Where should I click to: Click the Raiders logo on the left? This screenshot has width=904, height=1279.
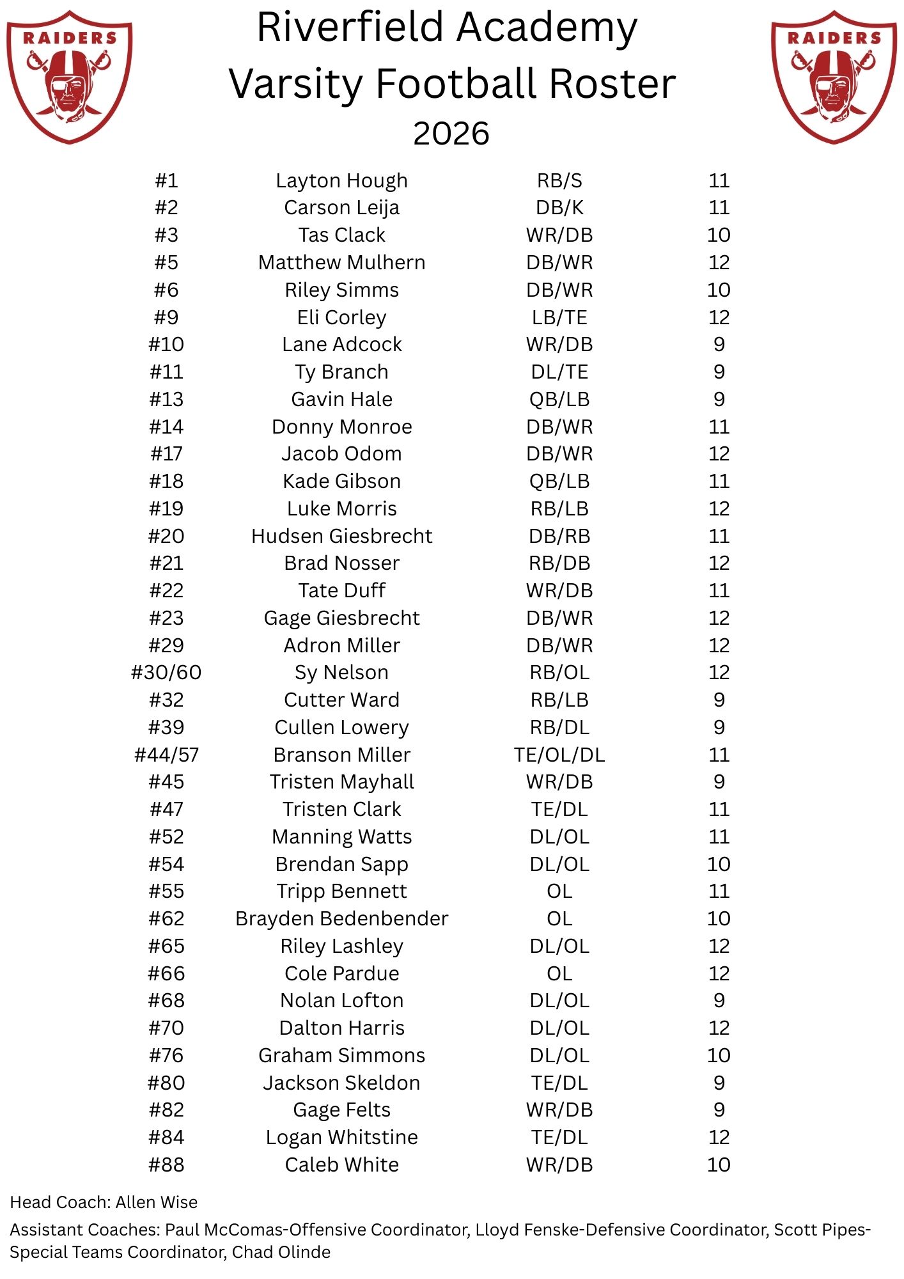coord(69,77)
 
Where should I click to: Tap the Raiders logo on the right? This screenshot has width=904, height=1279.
coord(834,77)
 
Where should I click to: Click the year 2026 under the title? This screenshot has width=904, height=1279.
coord(451,134)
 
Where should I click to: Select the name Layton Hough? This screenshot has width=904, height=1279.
coord(341,181)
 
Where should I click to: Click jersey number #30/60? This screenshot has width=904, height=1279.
coord(166,673)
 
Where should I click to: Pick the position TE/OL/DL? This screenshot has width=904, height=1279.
coord(559,755)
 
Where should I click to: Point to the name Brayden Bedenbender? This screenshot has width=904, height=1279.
coord(341,919)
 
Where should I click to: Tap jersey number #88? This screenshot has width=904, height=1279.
coord(166,1165)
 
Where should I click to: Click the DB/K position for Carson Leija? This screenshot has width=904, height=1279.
coord(559,208)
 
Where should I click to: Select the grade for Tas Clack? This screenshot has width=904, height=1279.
coord(719,235)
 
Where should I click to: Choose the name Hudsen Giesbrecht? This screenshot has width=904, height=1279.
coord(341,536)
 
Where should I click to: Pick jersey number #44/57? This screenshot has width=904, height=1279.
coord(166,755)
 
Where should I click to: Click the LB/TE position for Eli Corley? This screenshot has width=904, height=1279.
coord(559,317)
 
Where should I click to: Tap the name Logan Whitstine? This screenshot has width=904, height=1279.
coord(341,1137)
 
